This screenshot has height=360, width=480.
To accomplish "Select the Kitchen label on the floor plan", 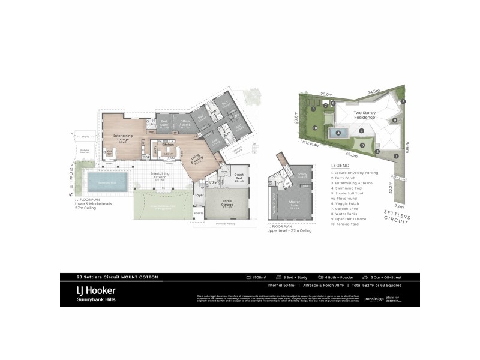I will pos(167,145).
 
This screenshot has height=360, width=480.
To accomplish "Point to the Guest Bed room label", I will pos(238,178).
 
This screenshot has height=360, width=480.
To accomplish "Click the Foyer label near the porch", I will pos(199,194).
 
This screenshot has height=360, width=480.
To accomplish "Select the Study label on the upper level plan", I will pos(302,174).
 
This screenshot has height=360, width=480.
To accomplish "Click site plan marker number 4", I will pos(338,133).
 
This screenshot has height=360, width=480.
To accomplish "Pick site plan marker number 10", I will pos(315,128).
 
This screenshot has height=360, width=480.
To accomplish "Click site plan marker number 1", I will pos(396,156).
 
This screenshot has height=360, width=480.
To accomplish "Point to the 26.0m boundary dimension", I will pos(326,94).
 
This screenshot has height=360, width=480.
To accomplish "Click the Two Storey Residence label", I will pos(364,114).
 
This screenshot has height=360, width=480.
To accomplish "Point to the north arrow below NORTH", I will pos(71,193).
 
